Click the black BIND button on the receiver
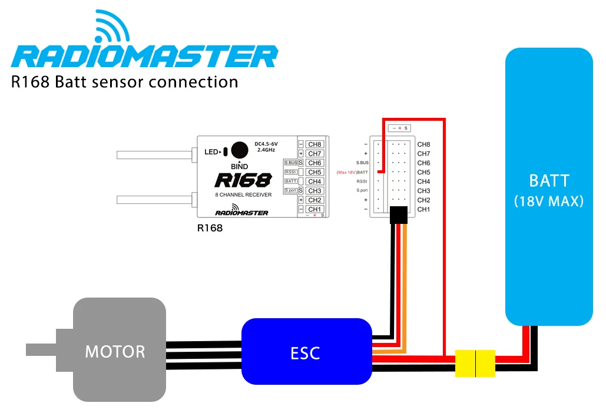point(239,150)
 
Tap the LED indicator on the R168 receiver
point(226,152)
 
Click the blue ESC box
point(306,352)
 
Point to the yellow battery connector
point(476,362)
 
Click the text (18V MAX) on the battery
point(548,201)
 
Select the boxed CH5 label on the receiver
point(314,172)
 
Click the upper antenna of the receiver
point(154,155)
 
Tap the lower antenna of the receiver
point(154,200)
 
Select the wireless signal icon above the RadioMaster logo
point(112,28)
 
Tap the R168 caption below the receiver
point(210,228)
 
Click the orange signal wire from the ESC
point(406,283)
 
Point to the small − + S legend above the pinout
point(400,128)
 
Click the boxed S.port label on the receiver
point(290,190)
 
